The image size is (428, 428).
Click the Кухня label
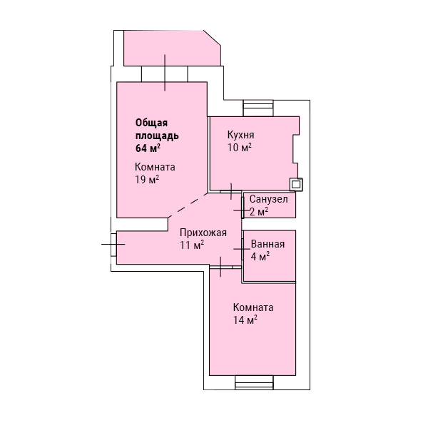tap(241, 135)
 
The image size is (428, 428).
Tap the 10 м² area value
tap(240, 148)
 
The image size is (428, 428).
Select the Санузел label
tap(269, 199)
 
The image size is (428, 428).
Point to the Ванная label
tap(267, 244)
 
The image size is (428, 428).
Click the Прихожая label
tap(203, 233)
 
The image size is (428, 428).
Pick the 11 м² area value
tap(192, 245)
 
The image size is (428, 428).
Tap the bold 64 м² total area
tap(148, 148)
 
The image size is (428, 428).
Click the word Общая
tap(151, 123)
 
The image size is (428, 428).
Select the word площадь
tap(157, 136)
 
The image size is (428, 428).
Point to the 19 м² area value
tap(147, 180)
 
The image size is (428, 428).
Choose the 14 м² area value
tap(245, 320)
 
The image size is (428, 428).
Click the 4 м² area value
tap(260, 257)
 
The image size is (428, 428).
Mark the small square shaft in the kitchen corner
tap(296, 185)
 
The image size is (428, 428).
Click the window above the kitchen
tap(258, 108)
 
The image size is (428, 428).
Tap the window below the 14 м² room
tap(254, 382)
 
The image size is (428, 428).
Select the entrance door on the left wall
tap(113, 245)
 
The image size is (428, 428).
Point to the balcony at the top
tap(172, 48)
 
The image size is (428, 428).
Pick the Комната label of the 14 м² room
tap(253, 307)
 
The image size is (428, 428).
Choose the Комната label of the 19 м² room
tap(155, 167)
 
